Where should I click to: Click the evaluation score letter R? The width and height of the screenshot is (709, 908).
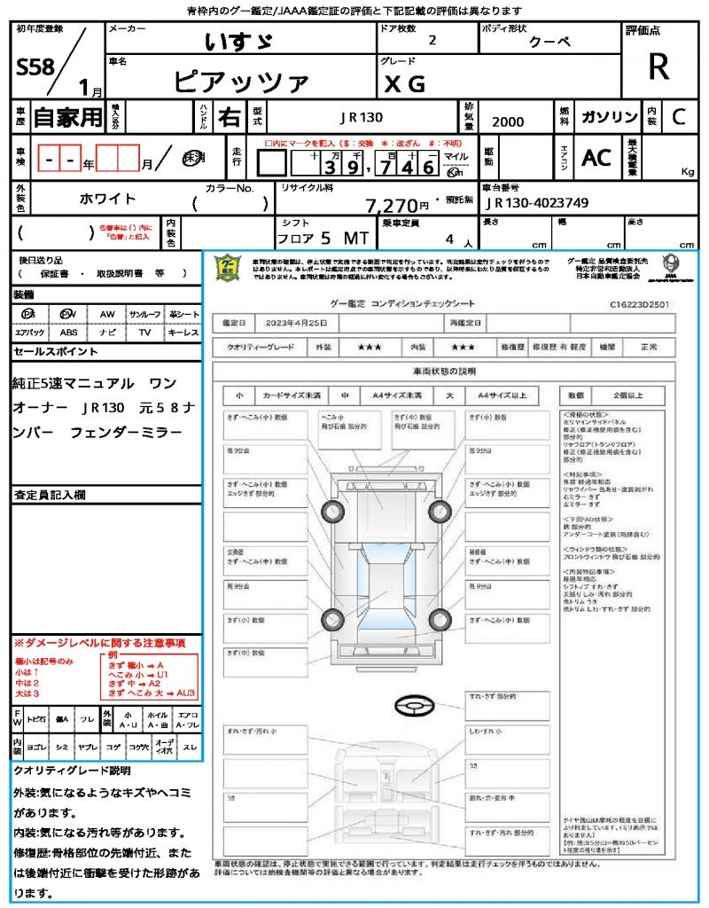pyautogui.click(x=658, y=67)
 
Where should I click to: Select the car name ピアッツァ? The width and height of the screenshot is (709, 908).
pyautogui.click(x=241, y=82)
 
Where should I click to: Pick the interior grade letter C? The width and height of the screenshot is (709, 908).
pyautogui.click(x=678, y=116)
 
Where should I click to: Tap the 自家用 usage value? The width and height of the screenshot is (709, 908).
pyautogui.click(x=68, y=116)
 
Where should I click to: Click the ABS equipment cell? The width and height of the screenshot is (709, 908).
pyautogui.click(x=68, y=333)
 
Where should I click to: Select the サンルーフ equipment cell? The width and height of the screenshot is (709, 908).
pyautogui.click(x=144, y=315)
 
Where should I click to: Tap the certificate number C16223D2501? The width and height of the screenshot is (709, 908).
pyautogui.click(x=638, y=303)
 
